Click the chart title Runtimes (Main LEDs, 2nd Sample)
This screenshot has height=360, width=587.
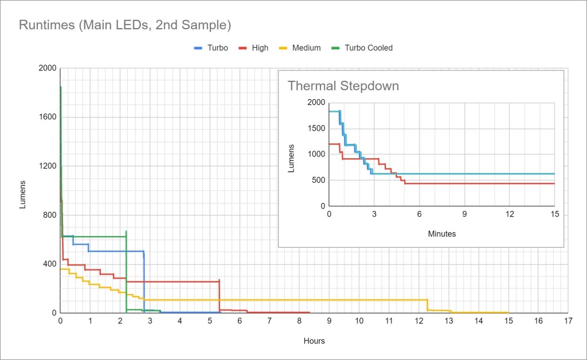pyautogui.click(x=125, y=25)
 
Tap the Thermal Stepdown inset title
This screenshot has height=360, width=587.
pyautogui.click(x=343, y=86)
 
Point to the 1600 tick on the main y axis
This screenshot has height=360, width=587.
pyautogui.click(x=48, y=118)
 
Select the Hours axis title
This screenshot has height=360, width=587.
pyautogui.click(x=314, y=341)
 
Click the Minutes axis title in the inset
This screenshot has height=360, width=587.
pyautogui.click(x=441, y=234)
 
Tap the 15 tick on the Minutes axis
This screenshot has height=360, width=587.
pyautogui.click(x=554, y=214)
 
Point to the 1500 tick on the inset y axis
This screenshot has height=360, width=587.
pyautogui.click(x=315, y=128)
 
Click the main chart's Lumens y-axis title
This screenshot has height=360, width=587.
pyautogui.click(x=23, y=194)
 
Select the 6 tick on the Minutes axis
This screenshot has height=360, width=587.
pyautogui.click(x=419, y=214)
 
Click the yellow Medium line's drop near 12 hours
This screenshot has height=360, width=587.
pyautogui.click(x=428, y=305)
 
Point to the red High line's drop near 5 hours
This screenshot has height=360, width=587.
pyautogui.click(x=220, y=295)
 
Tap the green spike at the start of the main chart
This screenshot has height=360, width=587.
pyautogui.click(x=61, y=92)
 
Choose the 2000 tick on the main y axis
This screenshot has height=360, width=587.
pyautogui.click(x=48, y=69)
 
